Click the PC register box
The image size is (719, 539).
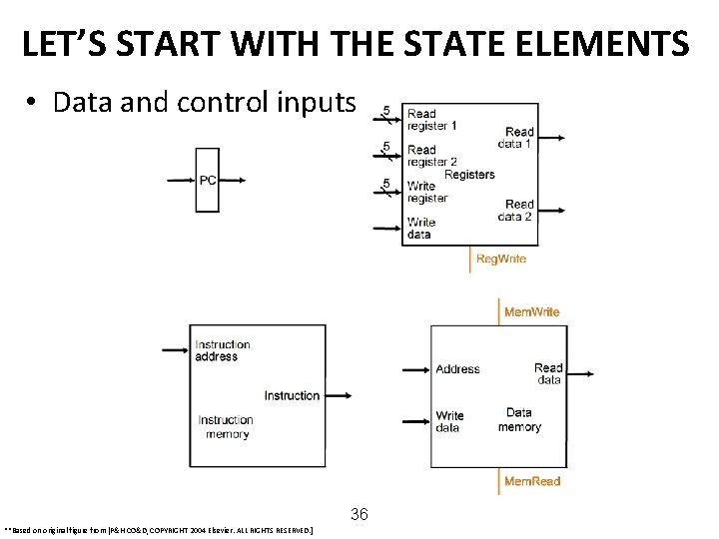coord(207,180)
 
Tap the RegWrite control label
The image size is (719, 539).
coord(500,260)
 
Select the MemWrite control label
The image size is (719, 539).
coord(531,312)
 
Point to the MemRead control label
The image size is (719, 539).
coord(531,481)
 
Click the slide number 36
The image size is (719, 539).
coord(359,515)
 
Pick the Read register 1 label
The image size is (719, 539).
coord(431,120)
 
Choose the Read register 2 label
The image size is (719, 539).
coord(431,156)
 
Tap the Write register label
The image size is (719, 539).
coord(427,192)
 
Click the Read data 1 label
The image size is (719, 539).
coord(518,138)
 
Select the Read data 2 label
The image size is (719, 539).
coord(518,211)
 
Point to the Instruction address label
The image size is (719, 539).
coord(223,350)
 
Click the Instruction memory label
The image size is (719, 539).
coord(226,427)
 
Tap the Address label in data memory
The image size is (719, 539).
coord(457,369)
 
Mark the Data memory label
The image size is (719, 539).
coord(519,419)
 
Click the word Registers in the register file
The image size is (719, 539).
coord(469,175)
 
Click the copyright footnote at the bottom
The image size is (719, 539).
coord(160,531)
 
